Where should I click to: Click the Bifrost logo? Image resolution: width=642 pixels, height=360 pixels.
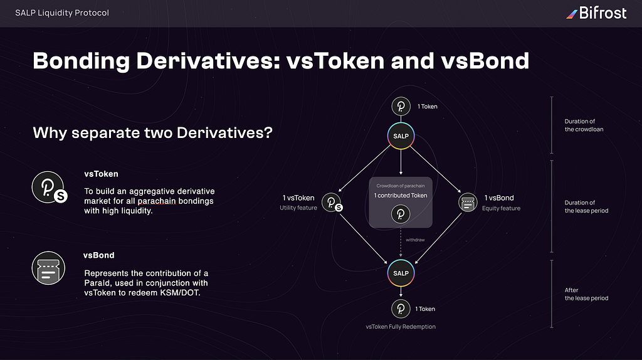[596, 13]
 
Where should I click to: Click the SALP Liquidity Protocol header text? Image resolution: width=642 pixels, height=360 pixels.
[62, 13]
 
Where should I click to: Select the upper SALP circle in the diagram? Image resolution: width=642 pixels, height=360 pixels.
[401, 136]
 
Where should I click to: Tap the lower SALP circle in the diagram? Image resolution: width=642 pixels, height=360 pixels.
[401, 273]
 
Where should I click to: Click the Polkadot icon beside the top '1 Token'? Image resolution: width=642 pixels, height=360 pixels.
[401, 107]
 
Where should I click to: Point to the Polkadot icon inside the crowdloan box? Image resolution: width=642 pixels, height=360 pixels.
[401, 214]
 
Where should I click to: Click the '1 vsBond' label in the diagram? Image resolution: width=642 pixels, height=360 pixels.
[498, 198]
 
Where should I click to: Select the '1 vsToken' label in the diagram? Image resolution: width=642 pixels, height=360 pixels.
[298, 198]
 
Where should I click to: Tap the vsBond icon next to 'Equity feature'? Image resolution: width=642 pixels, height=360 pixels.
[468, 203]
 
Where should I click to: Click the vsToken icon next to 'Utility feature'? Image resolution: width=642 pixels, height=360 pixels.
[332, 203]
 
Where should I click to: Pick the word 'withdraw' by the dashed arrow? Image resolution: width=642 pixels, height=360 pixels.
[415, 240]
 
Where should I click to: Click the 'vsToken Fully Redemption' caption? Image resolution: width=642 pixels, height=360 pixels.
[401, 327]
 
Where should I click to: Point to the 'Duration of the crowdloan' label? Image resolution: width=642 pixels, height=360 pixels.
[584, 125]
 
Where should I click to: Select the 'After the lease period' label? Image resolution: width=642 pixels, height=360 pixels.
[586, 294]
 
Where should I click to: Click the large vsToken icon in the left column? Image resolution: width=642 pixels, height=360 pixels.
[50, 188]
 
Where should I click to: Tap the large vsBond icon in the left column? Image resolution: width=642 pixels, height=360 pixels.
[48, 268]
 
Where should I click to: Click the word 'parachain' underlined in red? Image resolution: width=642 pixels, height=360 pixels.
[157, 201]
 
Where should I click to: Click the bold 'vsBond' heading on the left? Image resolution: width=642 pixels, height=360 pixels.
[98, 255]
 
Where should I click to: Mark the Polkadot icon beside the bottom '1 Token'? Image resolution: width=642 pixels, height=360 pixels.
[401, 309]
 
